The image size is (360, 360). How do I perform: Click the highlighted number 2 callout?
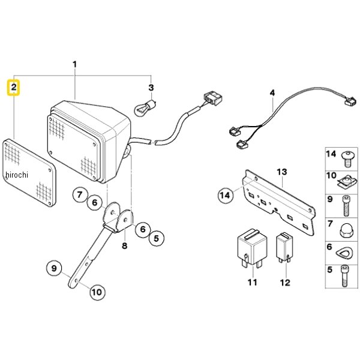click(14, 88)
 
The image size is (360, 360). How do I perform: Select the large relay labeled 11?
click(252, 248)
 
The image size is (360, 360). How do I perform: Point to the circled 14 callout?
click(225, 196)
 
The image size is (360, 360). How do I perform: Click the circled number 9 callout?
click(54, 268)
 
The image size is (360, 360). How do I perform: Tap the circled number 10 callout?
click(97, 292)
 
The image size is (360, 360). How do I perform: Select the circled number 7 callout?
click(80, 195)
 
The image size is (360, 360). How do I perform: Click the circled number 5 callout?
click(156, 238)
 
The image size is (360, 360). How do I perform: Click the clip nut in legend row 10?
click(347, 181)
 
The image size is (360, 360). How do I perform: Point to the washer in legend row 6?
click(344, 253)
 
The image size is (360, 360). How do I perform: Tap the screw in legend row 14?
click(347, 158)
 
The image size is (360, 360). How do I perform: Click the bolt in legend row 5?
click(344, 276)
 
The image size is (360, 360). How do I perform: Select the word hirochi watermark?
click(17, 175)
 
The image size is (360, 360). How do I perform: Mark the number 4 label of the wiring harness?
click(272, 93)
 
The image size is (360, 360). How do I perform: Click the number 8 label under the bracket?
click(124, 246)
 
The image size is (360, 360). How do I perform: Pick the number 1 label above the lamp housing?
click(74, 64)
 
